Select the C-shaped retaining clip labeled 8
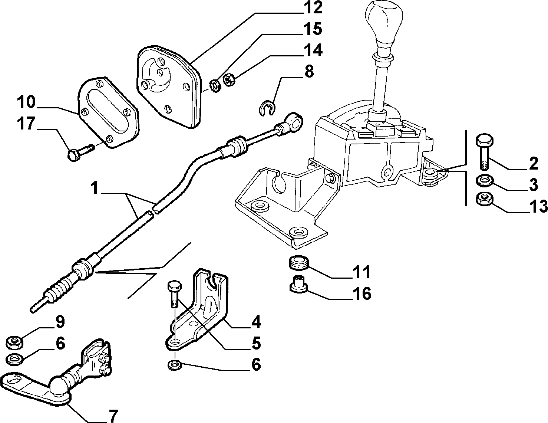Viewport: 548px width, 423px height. pyautogui.click(x=267, y=108)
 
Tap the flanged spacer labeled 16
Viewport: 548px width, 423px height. pyautogui.click(x=299, y=285)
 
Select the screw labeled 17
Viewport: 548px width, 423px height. pyautogui.click(x=80, y=152)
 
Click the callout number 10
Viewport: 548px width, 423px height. pyautogui.click(x=26, y=102)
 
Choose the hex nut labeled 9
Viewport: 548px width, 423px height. pyautogui.click(x=15, y=342)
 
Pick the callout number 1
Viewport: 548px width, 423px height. pyautogui.click(x=95, y=188)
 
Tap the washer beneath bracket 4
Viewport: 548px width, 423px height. pyautogui.click(x=174, y=365)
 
